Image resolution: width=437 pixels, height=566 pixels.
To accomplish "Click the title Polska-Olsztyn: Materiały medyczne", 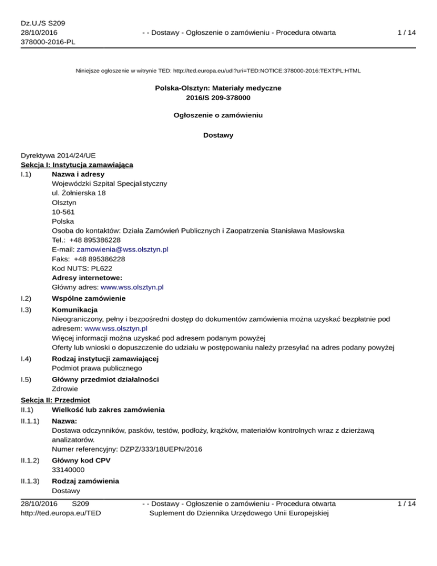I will pyautogui.click(x=218, y=88).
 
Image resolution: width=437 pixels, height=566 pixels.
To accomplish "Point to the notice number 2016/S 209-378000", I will pyautogui.click(x=218, y=98).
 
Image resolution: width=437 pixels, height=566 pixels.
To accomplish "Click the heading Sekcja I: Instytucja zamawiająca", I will pyautogui.click(x=77, y=165).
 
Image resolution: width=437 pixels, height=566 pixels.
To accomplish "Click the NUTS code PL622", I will pyautogui.click(x=108, y=268).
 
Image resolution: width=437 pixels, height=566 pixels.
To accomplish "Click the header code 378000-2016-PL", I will pyautogui.click(x=48, y=42).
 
